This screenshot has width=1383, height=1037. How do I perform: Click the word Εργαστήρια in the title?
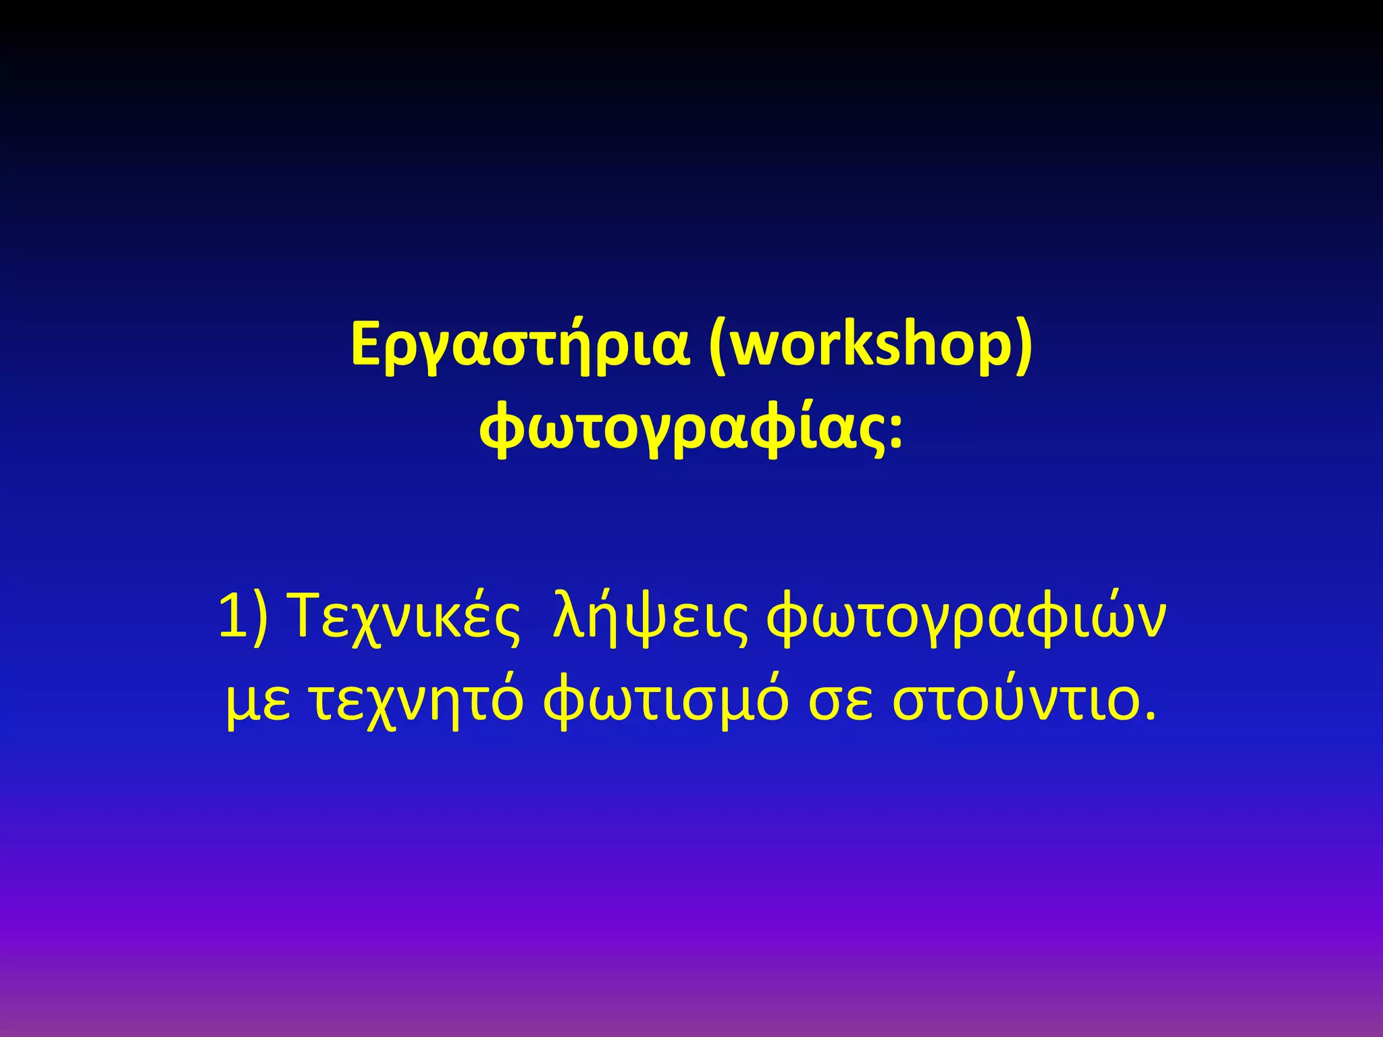click(x=520, y=345)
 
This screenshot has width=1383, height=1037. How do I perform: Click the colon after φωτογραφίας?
click(x=895, y=432)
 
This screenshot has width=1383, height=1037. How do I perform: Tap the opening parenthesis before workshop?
click(x=718, y=346)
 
